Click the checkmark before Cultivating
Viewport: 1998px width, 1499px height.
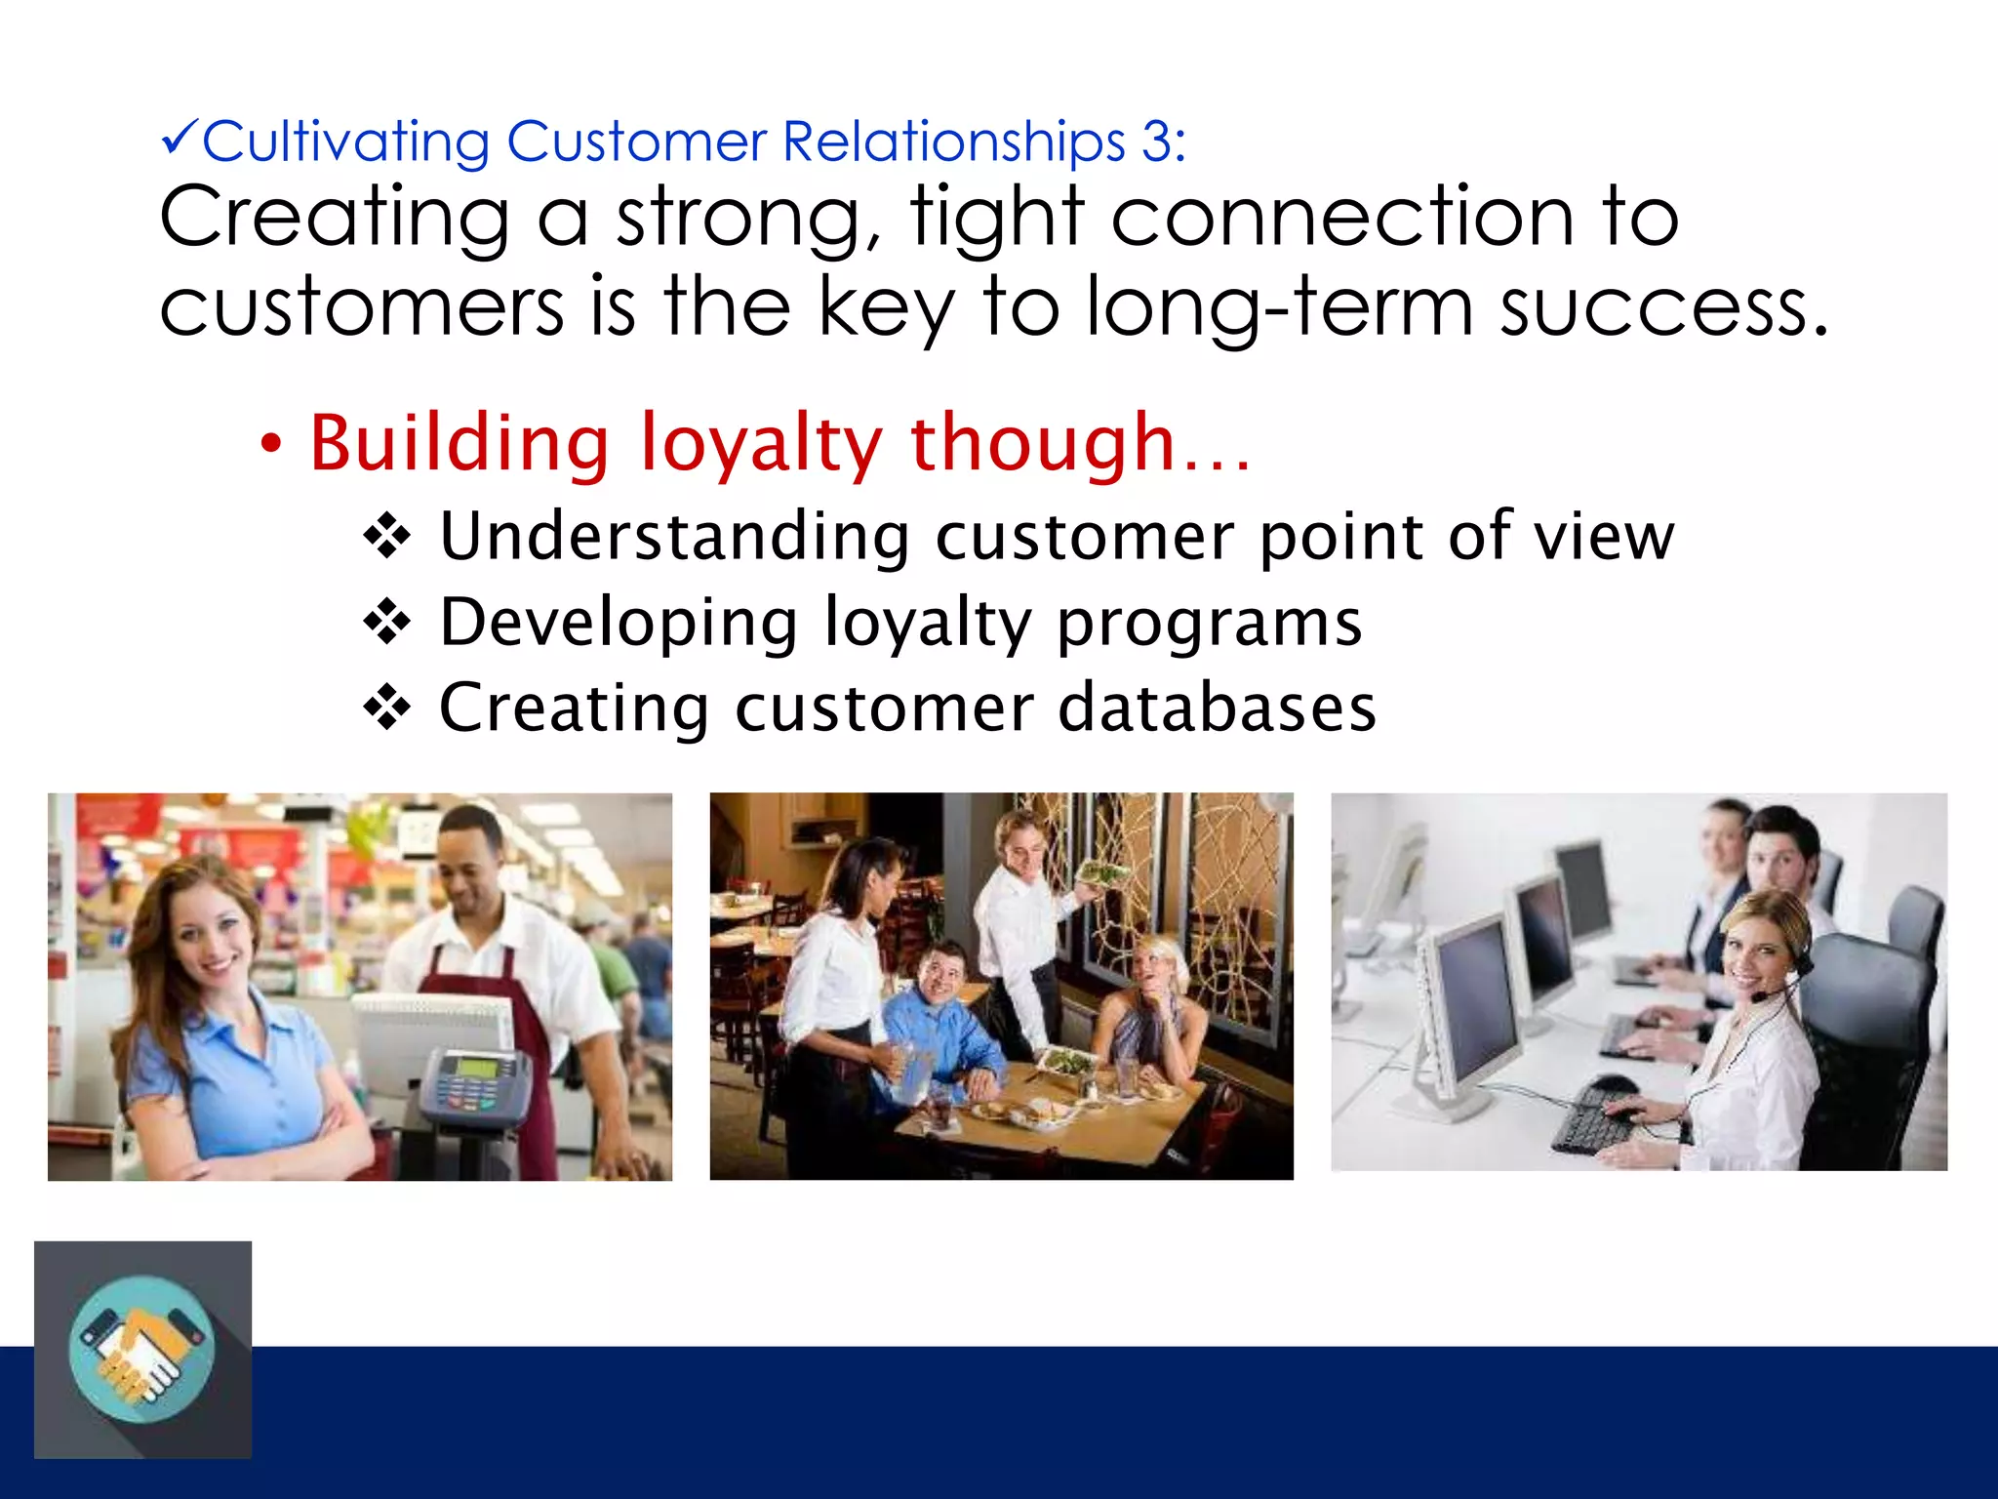tap(180, 140)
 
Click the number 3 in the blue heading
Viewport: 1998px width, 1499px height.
tap(1157, 142)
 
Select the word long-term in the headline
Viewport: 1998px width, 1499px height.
tap(1278, 307)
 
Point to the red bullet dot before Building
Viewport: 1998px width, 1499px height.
tap(271, 445)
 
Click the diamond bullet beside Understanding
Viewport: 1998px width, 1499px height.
tap(387, 536)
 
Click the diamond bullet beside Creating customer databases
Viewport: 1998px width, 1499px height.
tap(387, 708)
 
